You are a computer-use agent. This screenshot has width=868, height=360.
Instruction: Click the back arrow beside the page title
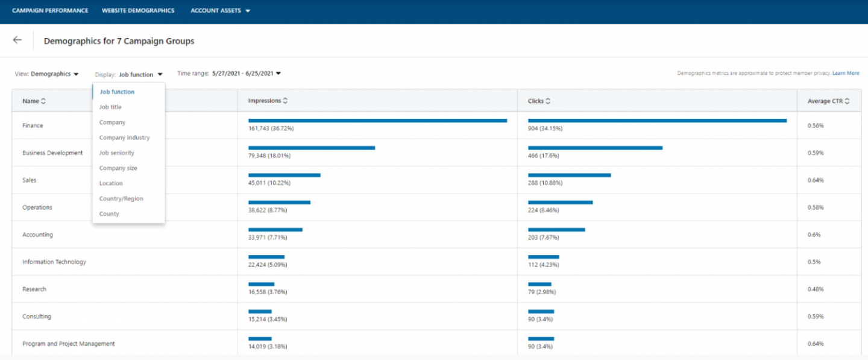tap(17, 40)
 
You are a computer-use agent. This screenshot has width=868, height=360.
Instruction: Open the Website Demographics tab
tap(138, 11)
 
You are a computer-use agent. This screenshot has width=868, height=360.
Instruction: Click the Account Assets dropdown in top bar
tap(220, 11)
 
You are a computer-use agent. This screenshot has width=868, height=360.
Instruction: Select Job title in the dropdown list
tap(110, 107)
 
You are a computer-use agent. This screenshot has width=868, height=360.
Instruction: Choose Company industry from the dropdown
tap(124, 137)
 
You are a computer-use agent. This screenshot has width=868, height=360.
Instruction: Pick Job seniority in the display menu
tap(116, 153)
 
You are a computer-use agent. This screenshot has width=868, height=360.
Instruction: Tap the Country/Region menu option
tap(121, 198)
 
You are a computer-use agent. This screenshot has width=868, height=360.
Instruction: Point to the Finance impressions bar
tap(377, 121)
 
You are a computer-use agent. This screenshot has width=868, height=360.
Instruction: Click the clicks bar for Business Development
tap(595, 148)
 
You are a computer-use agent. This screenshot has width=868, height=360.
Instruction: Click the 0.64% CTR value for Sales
tap(816, 180)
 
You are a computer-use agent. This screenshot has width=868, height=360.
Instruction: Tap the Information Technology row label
tap(54, 262)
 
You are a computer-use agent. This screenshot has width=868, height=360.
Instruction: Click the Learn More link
tap(846, 74)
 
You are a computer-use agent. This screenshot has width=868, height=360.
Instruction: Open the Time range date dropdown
tap(247, 74)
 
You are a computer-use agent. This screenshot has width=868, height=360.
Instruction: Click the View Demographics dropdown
tap(55, 74)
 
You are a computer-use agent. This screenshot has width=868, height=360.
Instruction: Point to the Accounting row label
tap(37, 235)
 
